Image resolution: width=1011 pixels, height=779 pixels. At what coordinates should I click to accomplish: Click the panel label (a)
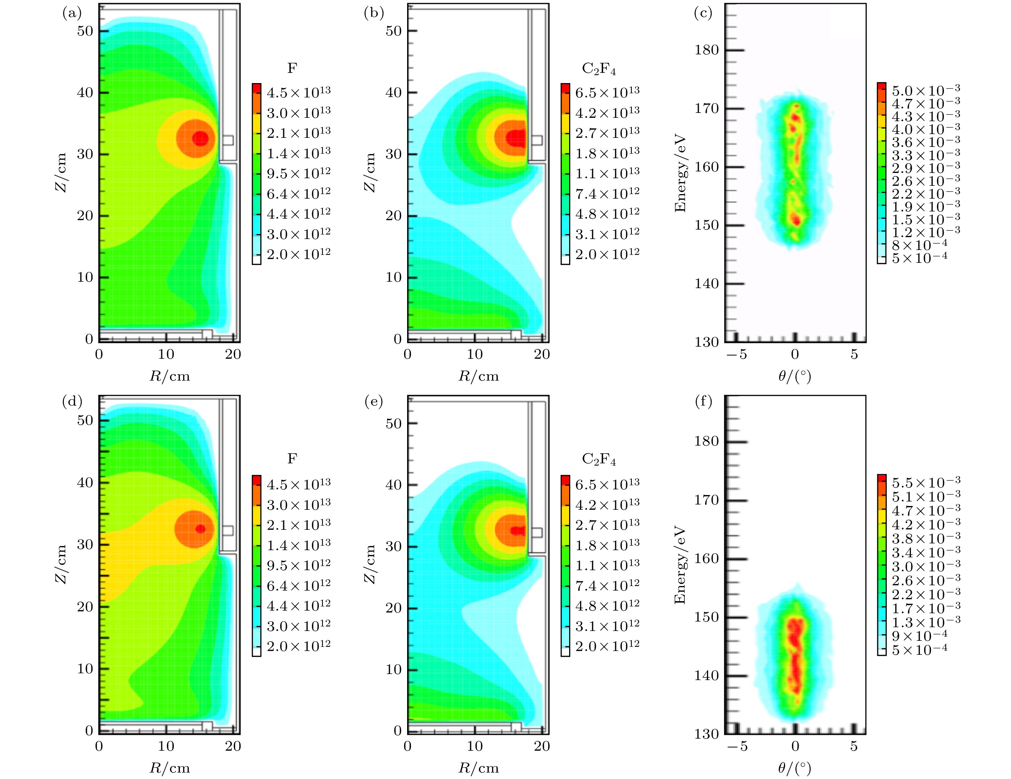(72, 13)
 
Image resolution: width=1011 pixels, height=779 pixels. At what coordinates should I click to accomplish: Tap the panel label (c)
(703, 13)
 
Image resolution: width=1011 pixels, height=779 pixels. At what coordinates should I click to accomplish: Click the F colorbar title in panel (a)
(292, 68)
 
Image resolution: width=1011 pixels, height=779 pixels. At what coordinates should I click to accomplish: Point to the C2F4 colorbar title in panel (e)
(599, 460)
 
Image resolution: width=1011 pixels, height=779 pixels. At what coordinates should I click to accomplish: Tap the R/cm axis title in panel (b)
(478, 376)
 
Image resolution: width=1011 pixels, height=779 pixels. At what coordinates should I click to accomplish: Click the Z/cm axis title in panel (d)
(61, 564)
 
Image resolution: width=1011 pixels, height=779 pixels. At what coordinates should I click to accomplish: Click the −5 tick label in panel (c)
(736, 355)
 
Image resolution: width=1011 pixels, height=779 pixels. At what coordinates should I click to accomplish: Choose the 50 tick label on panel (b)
(394, 31)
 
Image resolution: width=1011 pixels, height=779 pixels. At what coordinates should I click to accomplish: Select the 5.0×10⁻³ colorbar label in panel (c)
(926, 90)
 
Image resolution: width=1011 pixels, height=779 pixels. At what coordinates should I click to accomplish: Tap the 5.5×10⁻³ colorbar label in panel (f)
(926, 482)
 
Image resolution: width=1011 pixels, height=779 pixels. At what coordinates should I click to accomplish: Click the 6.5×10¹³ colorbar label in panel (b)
(607, 93)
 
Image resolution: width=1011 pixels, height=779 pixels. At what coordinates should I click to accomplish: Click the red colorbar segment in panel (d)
(256, 480)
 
